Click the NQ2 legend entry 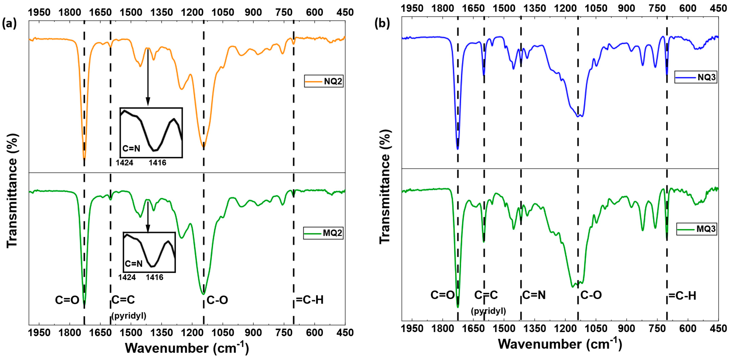coord(324,81)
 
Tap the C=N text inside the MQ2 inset coord(134,264)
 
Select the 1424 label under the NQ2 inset coord(124,163)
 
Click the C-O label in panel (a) coord(217,300)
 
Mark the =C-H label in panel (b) coord(682,296)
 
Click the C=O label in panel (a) coord(67,300)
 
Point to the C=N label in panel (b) coord(534,295)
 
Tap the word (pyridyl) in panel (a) coord(129,316)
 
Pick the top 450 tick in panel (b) coord(718,8)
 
